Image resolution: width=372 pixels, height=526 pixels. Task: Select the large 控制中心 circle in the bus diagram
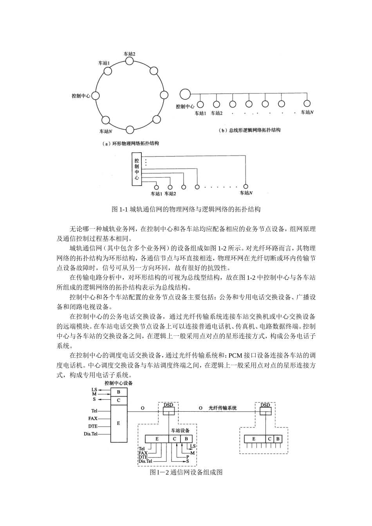point(185,94)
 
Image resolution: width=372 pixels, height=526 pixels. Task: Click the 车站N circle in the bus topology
point(307,103)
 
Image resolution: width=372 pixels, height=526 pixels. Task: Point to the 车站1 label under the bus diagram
point(200,113)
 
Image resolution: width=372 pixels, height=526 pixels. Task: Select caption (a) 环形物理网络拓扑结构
point(130,144)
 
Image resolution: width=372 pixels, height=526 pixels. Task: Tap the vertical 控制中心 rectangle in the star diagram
point(137,169)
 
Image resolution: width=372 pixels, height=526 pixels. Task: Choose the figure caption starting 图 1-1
point(186,209)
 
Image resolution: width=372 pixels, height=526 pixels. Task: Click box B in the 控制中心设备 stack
point(119,391)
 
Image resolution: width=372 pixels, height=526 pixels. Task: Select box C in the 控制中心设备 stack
point(119,400)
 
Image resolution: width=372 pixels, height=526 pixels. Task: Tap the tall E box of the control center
point(119,423)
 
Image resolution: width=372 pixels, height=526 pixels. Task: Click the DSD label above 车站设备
point(168,405)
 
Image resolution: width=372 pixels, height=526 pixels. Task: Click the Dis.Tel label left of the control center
point(90,434)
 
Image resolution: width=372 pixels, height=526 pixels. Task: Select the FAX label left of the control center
point(93,418)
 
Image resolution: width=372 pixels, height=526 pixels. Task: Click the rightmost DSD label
point(265,405)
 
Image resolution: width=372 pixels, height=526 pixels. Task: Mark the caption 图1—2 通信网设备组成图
point(186,472)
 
